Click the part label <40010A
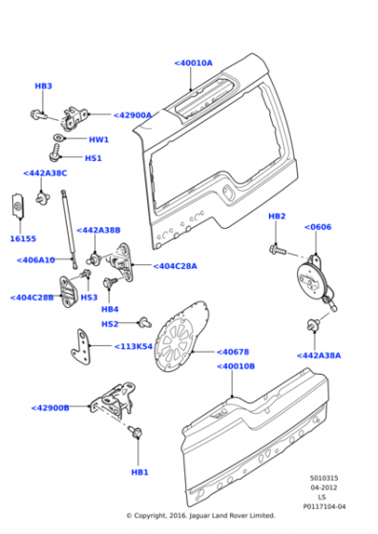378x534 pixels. click(193, 63)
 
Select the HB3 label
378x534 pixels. click(43, 86)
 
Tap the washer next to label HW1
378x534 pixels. click(59, 138)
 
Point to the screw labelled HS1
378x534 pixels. click(55, 152)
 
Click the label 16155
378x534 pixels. click(23, 238)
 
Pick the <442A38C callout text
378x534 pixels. click(45, 173)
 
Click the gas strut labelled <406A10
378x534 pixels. click(69, 229)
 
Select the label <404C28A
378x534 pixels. click(175, 266)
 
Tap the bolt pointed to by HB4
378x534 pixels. click(110, 282)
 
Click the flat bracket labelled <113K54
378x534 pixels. click(82, 347)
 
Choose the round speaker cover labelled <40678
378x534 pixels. click(180, 336)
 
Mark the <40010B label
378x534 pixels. click(236, 366)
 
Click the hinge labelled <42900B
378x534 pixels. click(114, 400)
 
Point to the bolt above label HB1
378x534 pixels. click(136, 432)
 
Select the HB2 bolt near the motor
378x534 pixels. click(278, 251)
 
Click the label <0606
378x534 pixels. click(318, 227)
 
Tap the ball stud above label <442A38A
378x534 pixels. click(313, 324)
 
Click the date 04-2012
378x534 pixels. click(324, 487)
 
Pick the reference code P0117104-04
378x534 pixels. click(325, 506)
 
